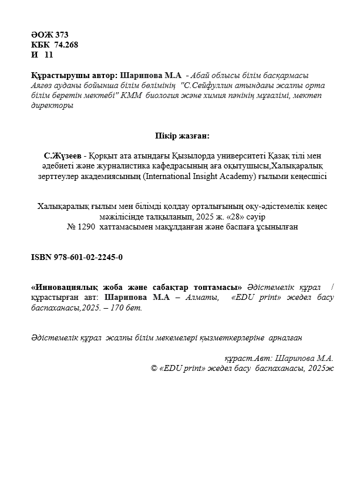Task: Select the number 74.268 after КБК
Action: click(65, 44)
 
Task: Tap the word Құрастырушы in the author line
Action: click(53, 76)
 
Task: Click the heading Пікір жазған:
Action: click(180, 136)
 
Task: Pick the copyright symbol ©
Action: click(154, 368)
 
